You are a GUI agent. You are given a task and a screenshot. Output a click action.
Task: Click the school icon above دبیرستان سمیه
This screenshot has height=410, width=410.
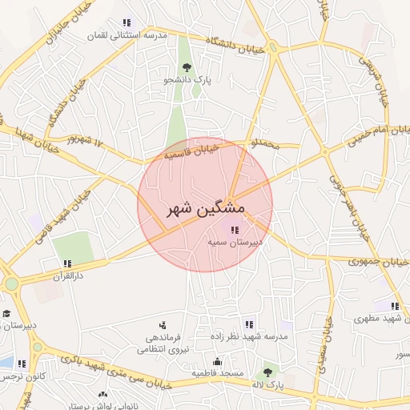tap(233, 231)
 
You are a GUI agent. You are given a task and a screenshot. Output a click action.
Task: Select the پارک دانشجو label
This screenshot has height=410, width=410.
tap(187, 80)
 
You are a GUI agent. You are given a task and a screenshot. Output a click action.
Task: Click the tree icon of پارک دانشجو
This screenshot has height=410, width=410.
tap(187, 68)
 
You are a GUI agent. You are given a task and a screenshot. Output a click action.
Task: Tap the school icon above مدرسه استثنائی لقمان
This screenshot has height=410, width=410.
tap(125, 23)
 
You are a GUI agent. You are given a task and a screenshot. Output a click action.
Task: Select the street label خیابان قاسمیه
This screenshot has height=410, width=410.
tap(191, 150)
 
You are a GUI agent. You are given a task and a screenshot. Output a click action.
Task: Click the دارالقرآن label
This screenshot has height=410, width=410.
tap(68, 275)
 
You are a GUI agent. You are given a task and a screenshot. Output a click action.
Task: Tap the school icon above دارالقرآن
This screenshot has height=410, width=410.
tap(67, 263)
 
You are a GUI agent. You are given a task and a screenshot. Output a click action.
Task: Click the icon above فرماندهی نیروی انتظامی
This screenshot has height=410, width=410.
tap(163, 325)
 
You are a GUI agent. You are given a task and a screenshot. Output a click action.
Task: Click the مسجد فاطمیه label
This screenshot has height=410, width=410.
tap(217, 373)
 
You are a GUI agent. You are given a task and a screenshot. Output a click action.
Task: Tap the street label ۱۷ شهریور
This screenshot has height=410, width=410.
tap(86, 142)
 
